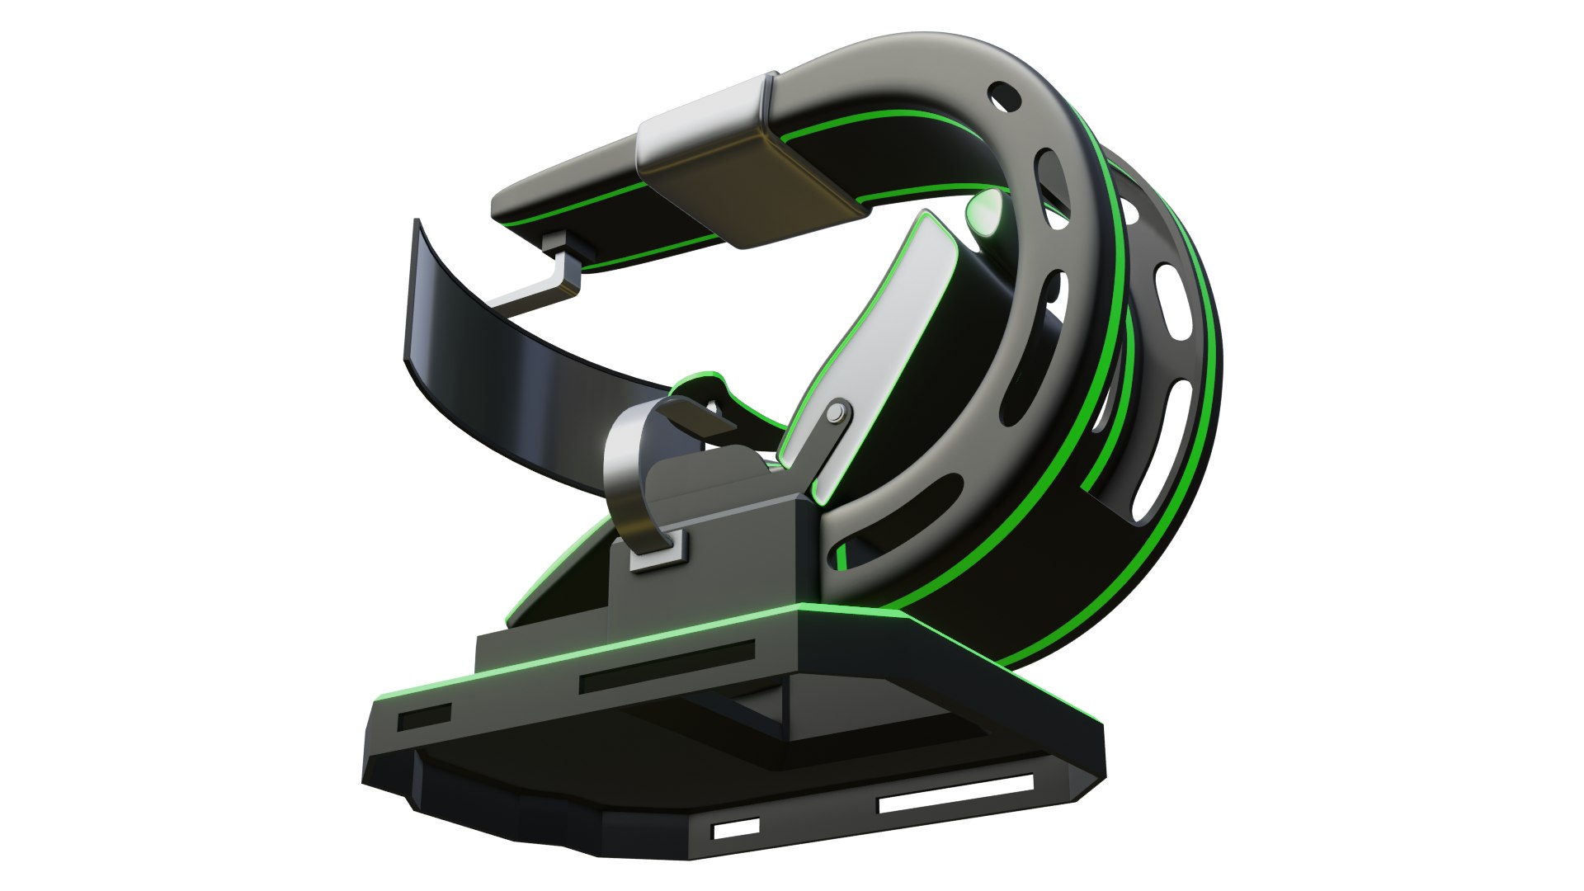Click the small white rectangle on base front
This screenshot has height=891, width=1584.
coord(736,827)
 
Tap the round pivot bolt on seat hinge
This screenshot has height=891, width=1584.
coord(838,412)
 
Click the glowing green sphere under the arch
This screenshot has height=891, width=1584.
coord(987,213)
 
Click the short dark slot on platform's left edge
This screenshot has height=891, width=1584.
coord(424,719)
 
